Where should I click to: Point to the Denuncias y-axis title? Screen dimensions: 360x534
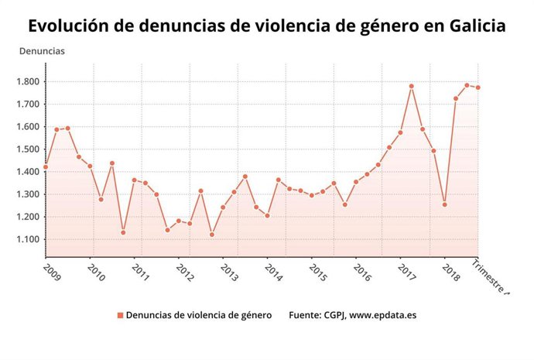42,51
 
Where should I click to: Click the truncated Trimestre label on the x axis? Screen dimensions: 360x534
491,279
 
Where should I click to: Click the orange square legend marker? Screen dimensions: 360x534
120,315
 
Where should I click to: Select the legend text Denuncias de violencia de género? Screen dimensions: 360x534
198,315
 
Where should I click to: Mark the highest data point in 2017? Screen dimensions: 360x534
411,86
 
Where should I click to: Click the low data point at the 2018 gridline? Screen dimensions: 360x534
444,204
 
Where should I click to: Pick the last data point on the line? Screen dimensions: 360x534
478,87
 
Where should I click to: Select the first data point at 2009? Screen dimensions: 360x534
46,166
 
